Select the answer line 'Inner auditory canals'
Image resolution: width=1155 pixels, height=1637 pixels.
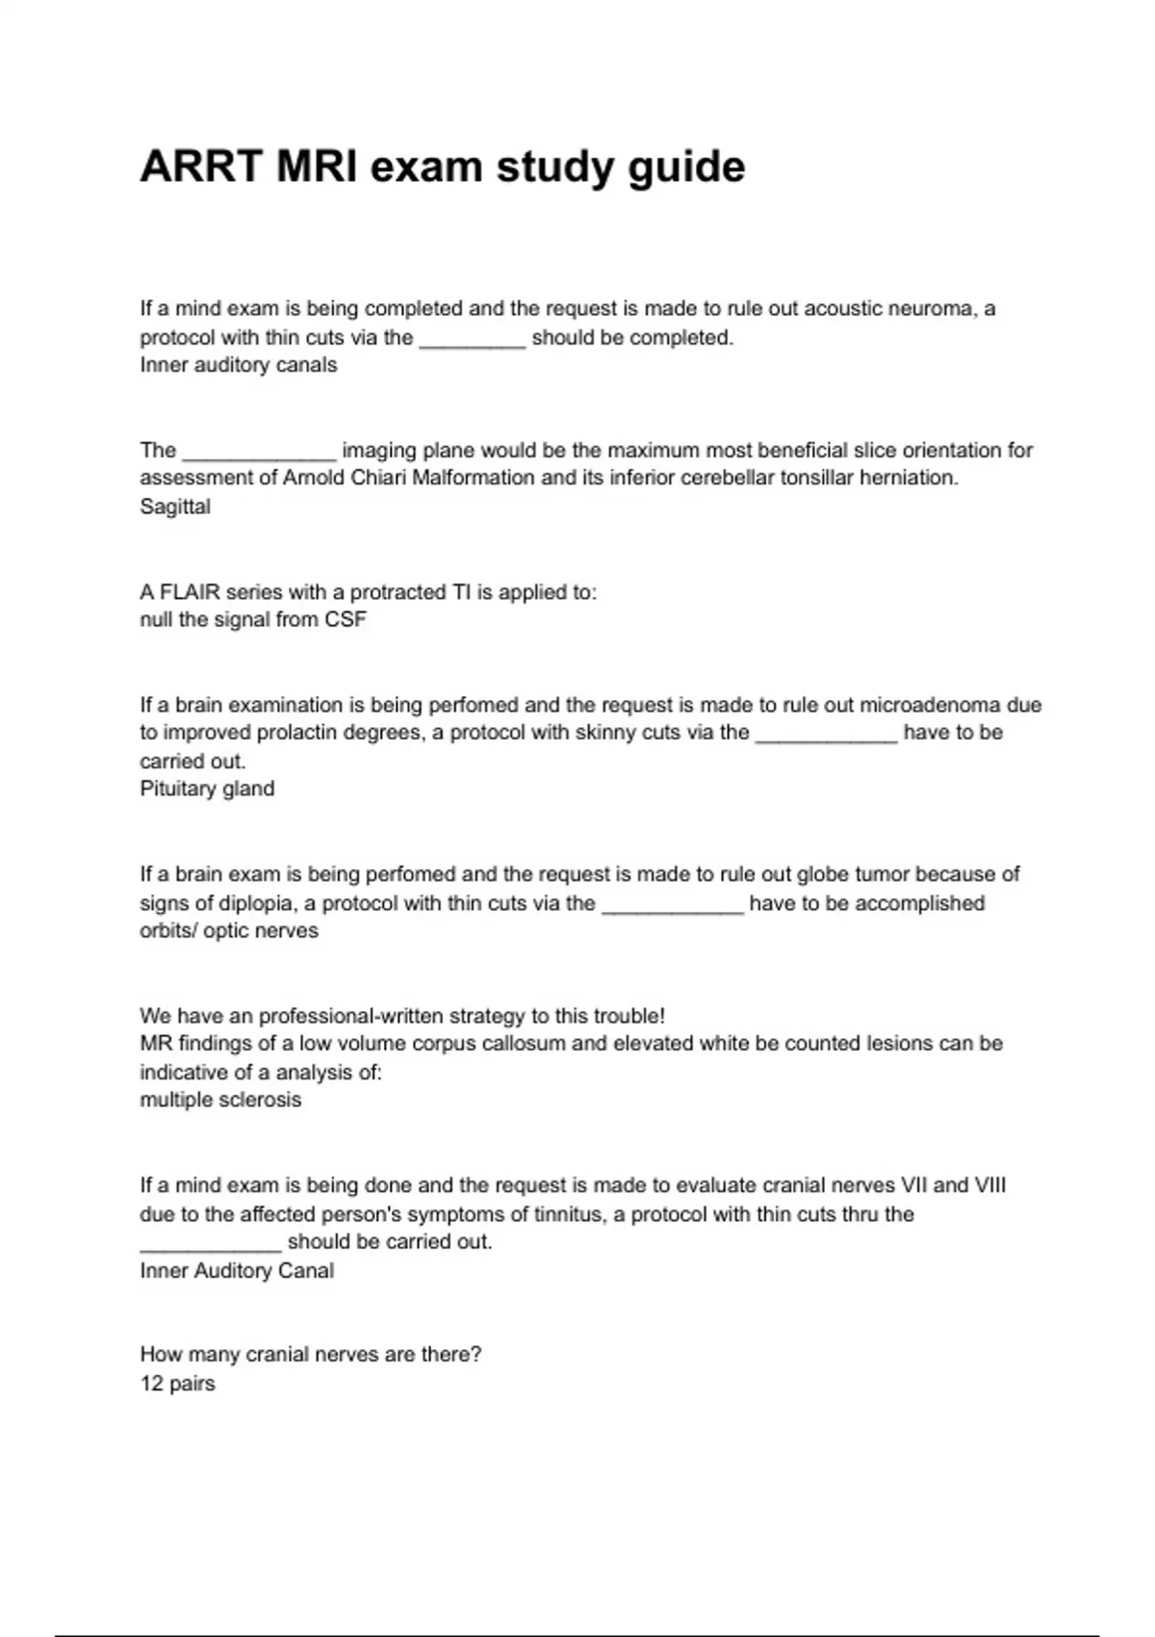click(239, 365)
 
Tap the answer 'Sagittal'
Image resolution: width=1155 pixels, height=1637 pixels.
click(175, 507)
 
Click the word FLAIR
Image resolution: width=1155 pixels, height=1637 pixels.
click(190, 591)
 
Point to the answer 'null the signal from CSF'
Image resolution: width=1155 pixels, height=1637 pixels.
click(253, 619)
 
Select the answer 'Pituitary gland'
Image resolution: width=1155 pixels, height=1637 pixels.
click(207, 789)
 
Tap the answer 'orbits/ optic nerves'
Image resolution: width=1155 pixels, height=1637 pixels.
click(229, 931)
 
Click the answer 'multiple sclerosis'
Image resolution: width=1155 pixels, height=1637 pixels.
click(220, 1100)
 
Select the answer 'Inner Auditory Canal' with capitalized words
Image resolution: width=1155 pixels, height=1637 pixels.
click(237, 1270)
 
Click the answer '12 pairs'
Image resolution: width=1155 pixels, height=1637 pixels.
click(177, 1384)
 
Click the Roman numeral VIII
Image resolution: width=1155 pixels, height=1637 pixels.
click(990, 1185)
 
